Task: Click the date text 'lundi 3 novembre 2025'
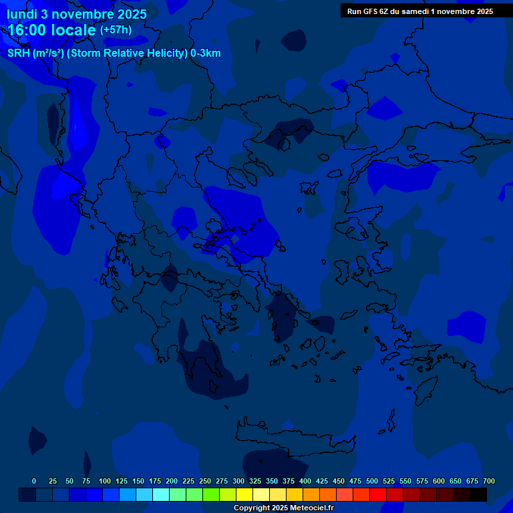(x=77, y=14)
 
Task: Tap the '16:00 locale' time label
(x=52, y=29)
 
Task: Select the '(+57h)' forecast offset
(x=116, y=30)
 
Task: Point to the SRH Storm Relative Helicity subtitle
(x=114, y=53)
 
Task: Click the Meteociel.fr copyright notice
(x=283, y=508)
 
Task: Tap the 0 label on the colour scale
(x=34, y=481)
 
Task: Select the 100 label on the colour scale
(x=105, y=481)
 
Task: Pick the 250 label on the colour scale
(x=205, y=481)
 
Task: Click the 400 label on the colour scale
(x=305, y=481)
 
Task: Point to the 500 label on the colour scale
(x=372, y=481)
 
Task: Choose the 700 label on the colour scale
(x=489, y=481)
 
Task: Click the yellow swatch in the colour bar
(x=244, y=494)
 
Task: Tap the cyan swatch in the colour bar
(x=161, y=494)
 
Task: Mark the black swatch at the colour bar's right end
(x=478, y=494)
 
